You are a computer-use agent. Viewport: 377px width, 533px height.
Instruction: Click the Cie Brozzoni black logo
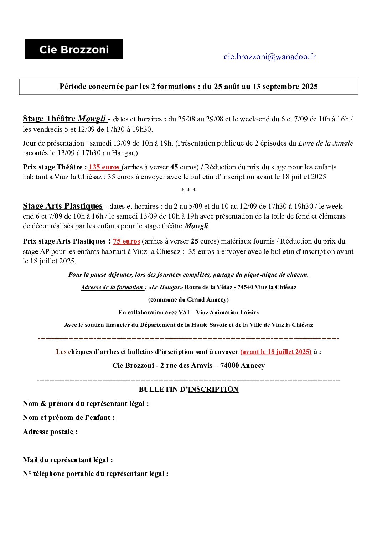coord(74,49)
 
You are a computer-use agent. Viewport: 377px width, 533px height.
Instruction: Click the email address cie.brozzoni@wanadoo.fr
coord(270,57)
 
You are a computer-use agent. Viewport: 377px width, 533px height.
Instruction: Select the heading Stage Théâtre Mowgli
coord(64,119)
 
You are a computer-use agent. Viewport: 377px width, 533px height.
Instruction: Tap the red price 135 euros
coord(104,167)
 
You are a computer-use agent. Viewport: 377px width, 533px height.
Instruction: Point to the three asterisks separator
coord(188,190)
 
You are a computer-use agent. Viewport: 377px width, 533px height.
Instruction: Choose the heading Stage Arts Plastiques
coord(63,206)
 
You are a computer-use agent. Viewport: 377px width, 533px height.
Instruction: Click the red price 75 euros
coord(126,241)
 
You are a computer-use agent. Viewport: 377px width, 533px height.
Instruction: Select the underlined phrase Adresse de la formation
coord(112,287)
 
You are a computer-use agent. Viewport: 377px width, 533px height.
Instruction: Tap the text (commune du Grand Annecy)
coord(188,299)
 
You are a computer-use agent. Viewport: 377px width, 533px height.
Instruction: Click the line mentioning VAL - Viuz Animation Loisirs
coord(188,312)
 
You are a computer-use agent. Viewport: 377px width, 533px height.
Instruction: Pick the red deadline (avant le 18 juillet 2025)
coord(276,351)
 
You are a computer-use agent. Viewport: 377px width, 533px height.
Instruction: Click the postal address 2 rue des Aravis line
coord(188,365)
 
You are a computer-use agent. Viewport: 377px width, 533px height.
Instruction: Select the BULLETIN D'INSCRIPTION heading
coord(188,389)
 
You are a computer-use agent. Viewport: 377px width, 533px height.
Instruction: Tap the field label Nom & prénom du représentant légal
coord(86,403)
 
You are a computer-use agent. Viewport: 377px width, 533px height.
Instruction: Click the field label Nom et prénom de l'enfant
coord(69,417)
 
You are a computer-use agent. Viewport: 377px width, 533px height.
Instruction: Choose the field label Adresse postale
coord(50,432)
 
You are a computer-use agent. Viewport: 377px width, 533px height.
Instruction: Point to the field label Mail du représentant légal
coord(68,460)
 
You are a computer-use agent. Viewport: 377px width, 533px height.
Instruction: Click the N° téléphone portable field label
coord(95,474)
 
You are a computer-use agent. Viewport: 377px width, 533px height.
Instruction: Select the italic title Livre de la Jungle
coord(325,143)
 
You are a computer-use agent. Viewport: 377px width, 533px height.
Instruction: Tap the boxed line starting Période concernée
coord(188,87)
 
